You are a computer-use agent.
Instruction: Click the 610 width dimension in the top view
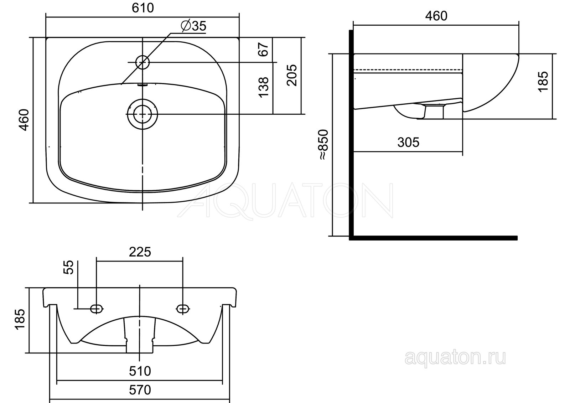(143, 8)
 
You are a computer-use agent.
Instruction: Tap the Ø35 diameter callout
(193, 26)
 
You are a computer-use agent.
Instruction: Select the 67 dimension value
(263, 50)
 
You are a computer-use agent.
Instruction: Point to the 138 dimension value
(263, 87)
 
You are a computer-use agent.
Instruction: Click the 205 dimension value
(292, 75)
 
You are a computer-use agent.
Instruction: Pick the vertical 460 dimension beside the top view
(25, 120)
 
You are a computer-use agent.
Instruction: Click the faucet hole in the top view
(142, 62)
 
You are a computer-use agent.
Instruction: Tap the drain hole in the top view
(142, 114)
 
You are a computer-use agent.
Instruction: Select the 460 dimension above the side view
(436, 16)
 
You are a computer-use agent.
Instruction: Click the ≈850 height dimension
(323, 145)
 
